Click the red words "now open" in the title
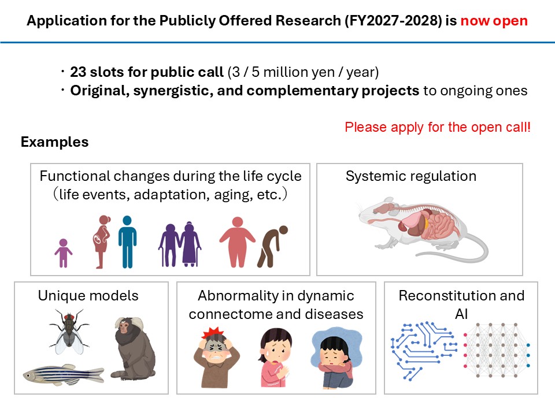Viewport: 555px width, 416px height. pyautogui.click(x=494, y=21)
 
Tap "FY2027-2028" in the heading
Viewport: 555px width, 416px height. pyautogui.click(x=394, y=21)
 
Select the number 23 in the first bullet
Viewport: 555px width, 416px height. pyautogui.click(x=78, y=72)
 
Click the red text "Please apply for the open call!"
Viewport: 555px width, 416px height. pyautogui.click(x=438, y=127)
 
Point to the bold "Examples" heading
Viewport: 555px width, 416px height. pyautogui.click(x=54, y=142)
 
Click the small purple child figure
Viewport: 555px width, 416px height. pyautogui.click(x=64, y=253)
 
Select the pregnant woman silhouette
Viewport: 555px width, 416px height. pyautogui.click(x=102, y=242)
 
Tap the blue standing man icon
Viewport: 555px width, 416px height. pyautogui.click(x=127, y=242)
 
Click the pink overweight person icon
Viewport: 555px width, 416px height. pyautogui.click(x=237, y=242)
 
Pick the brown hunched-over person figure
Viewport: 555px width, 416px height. pyautogui.click(x=272, y=246)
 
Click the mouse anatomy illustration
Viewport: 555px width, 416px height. pyautogui.click(x=423, y=229)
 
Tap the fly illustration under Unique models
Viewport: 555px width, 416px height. pyautogui.click(x=69, y=331)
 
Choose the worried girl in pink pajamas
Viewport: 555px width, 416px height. pyautogui.click(x=275, y=357)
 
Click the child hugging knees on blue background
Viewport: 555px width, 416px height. pyautogui.click(x=336, y=357)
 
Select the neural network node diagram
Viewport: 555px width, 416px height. pyautogui.click(x=497, y=350)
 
